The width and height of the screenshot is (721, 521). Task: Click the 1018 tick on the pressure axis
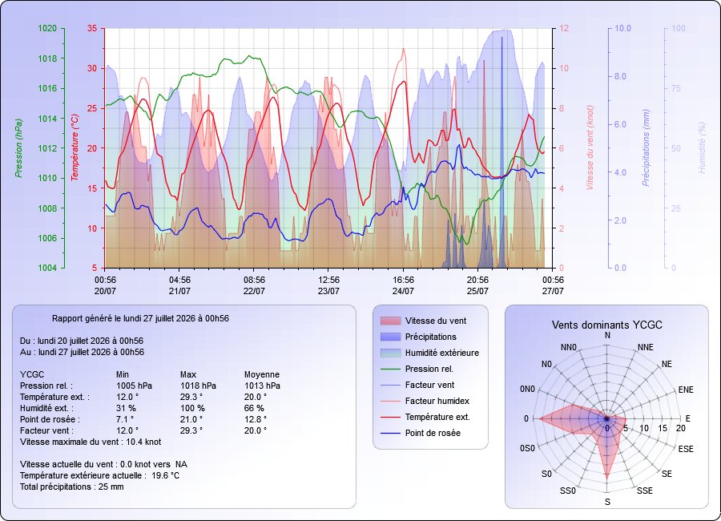[47, 59]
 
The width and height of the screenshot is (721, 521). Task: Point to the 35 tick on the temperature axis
[92, 29]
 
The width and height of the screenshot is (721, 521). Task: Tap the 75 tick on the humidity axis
[676, 88]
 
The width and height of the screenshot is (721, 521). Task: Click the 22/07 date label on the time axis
[254, 291]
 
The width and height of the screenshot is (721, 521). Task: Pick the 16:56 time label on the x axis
[403, 280]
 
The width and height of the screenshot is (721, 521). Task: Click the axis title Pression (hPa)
[18, 148]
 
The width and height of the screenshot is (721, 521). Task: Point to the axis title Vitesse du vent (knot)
[590, 147]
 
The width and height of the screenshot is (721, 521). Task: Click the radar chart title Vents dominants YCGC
[607, 325]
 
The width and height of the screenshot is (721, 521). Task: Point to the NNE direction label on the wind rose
[646, 348]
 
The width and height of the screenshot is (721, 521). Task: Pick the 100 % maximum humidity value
[192, 408]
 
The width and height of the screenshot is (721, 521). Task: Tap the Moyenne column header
[262, 374]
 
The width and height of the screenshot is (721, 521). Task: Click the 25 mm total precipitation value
[111, 487]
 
